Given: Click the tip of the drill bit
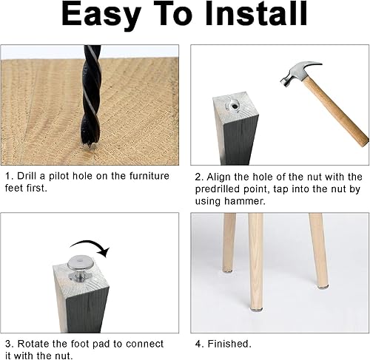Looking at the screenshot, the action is (x=90, y=146).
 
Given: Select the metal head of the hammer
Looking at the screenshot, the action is (x=299, y=73).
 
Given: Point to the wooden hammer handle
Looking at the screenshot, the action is (x=335, y=112).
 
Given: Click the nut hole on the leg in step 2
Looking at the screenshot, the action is (x=235, y=106).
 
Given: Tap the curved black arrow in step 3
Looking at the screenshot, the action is (x=91, y=248).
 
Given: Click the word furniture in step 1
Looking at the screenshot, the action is (x=149, y=176).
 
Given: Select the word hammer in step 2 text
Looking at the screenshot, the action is (x=245, y=201).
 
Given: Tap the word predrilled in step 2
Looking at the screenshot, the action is (x=218, y=189).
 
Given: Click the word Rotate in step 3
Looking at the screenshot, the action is (x=33, y=344).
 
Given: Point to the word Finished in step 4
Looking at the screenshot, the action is (x=229, y=344).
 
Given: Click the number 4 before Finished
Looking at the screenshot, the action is (x=198, y=344).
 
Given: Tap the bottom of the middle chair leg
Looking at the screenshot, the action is (x=257, y=308).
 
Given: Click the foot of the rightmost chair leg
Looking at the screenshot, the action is (x=322, y=286).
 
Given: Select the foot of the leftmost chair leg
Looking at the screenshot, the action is (x=228, y=271).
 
